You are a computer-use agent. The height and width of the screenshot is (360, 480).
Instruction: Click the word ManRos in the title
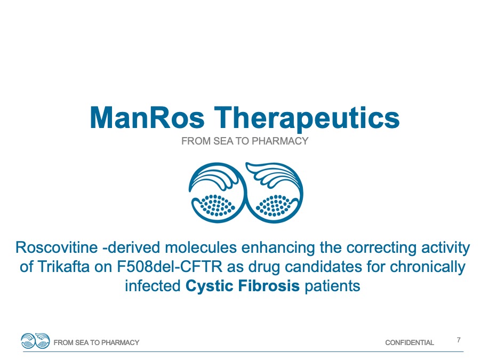click(147, 118)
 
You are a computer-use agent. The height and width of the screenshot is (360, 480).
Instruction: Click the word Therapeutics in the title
click(307, 119)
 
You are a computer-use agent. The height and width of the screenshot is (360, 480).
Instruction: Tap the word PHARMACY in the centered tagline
click(280, 141)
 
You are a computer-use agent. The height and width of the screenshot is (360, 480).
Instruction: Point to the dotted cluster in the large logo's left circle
click(217, 205)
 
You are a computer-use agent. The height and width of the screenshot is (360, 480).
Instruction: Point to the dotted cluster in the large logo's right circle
click(274, 205)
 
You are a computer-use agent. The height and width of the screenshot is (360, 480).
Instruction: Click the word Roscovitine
click(57, 247)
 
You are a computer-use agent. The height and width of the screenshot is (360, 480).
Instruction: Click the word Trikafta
click(63, 267)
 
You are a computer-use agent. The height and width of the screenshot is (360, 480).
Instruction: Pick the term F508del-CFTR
click(170, 267)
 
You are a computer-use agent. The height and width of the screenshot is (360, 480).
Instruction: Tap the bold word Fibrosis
click(269, 286)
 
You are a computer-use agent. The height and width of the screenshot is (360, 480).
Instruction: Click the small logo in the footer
click(35, 341)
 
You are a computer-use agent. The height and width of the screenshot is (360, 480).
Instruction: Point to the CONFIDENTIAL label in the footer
click(410, 342)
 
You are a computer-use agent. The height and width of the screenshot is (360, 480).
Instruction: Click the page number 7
click(459, 340)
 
